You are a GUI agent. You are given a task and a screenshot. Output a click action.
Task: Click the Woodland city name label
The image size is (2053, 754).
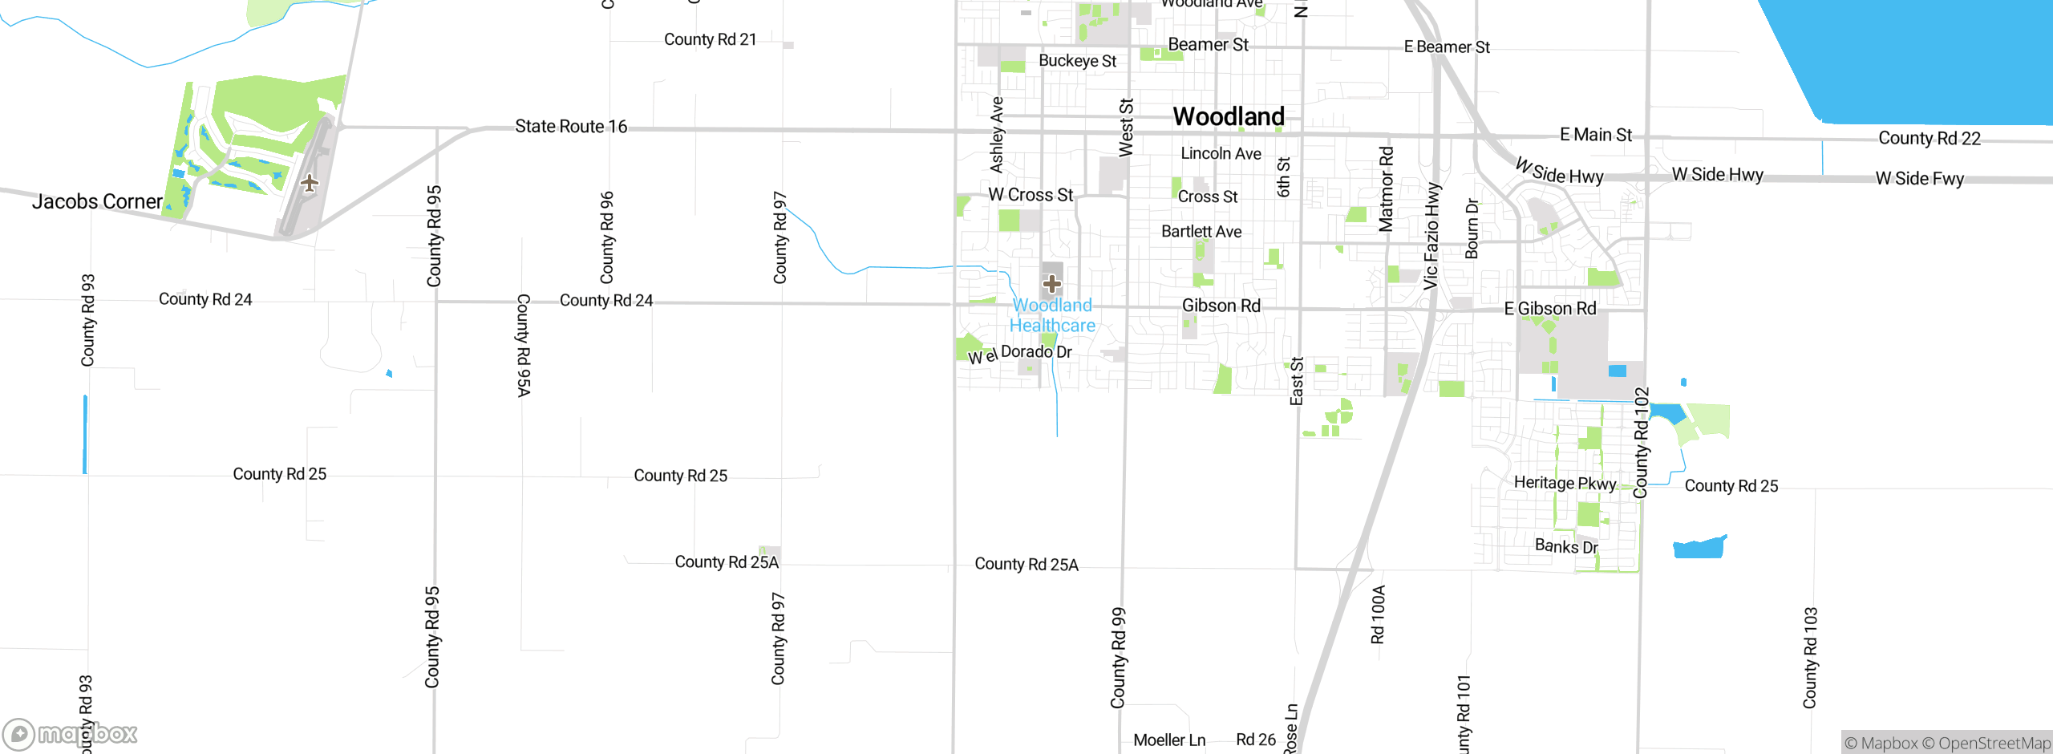point(1229,117)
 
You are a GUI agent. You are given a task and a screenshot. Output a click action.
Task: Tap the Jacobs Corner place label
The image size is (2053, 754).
point(97,201)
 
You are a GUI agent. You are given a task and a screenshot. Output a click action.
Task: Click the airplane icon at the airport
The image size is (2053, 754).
point(310,183)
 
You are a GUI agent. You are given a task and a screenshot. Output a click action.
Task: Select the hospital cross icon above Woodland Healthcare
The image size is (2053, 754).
point(1052,283)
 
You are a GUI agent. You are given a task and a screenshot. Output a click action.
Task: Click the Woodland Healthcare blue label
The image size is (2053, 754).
point(1052,315)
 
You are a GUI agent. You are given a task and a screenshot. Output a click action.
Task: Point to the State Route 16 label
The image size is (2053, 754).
point(571,127)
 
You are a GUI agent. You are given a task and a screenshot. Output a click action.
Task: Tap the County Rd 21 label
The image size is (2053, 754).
point(710,39)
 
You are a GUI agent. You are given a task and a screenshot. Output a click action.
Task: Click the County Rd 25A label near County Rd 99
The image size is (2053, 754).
point(1026,564)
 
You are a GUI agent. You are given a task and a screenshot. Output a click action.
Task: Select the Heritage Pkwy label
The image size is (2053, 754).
point(1564,483)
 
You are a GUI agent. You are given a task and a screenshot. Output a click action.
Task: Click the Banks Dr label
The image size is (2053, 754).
point(1565,546)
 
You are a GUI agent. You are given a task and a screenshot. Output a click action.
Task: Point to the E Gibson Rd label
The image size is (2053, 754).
point(1549,309)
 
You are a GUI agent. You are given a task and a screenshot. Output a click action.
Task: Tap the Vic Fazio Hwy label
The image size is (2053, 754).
point(1431,236)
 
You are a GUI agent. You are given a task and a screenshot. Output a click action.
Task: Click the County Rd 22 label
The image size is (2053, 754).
point(1929,138)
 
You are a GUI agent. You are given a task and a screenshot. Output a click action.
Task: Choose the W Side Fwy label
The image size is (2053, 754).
point(1919,178)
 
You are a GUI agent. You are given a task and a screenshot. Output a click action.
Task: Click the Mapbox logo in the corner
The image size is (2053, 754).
point(70,733)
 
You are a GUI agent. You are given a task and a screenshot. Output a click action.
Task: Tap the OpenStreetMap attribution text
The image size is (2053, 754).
point(1994,744)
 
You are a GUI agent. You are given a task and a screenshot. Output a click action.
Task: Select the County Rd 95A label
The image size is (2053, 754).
point(523,345)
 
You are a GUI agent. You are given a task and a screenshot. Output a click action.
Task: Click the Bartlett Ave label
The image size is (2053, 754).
point(1201,232)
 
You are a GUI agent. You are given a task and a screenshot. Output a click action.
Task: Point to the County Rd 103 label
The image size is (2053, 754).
point(1810,658)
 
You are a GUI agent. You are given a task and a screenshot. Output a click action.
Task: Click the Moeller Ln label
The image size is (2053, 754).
point(1168,740)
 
